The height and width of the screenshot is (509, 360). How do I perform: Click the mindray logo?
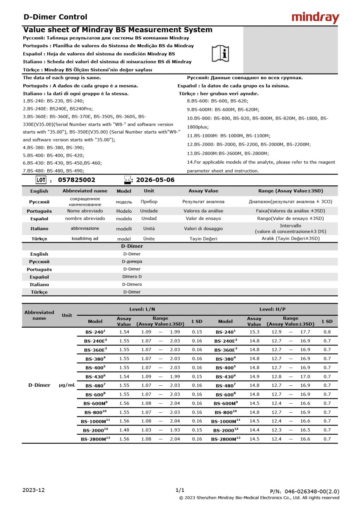tap(315, 17)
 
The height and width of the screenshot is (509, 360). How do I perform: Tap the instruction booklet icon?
tap(220, 53)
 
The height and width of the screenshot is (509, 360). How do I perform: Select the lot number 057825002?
tap(77, 180)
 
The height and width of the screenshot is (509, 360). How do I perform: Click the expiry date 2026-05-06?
tap(155, 180)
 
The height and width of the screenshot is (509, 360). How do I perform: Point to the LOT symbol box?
tap(41, 180)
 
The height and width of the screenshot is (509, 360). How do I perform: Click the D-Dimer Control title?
tap(55, 17)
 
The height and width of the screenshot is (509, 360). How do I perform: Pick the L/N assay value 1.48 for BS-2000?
tap(124, 430)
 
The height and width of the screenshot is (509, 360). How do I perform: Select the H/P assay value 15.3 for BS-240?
tap(255, 332)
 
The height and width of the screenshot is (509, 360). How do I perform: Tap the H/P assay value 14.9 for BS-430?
tap(255, 377)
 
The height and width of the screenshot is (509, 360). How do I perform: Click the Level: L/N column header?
tap(142, 309)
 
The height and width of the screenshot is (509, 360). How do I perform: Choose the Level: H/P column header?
tap(272, 309)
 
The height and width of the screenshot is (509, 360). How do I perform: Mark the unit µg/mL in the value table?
tap(67, 385)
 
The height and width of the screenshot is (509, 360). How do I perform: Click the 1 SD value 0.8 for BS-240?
tap(327, 332)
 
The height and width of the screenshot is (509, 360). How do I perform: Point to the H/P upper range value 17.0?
tap(305, 377)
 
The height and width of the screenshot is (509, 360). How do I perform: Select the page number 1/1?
tap(180, 490)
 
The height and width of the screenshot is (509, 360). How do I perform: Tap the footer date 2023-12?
tap(33, 490)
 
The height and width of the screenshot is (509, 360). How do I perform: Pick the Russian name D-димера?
tap(132, 262)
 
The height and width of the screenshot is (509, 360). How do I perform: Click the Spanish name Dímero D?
tap(132, 277)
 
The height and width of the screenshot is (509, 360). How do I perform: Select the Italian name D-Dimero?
tap(132, 284)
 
